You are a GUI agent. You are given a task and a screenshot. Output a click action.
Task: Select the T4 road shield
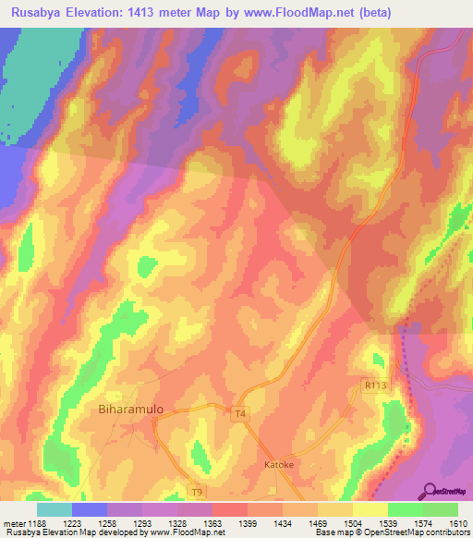240,414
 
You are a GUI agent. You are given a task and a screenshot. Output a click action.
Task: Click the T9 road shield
196,490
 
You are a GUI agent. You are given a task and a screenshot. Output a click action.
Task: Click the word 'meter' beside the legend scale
14,524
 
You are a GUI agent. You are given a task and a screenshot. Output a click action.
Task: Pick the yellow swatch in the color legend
370,509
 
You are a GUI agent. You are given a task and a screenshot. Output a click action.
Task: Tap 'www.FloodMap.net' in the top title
288,13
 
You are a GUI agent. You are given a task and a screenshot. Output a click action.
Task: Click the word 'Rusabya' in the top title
33,13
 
